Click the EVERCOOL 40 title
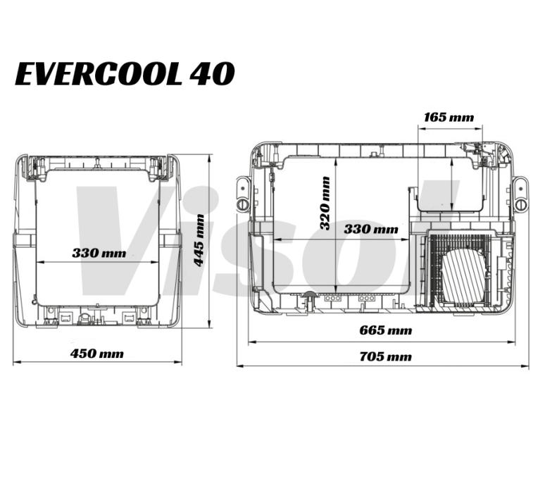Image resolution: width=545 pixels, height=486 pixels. (125, 74)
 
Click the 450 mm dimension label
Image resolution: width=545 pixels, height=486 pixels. (97, 354)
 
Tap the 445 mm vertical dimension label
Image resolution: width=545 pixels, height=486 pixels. (199, 241)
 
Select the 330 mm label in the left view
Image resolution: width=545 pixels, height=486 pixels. (99, 253)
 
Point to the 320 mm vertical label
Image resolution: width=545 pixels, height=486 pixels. (325, 204)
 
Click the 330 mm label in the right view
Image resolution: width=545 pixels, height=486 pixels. (371, 229)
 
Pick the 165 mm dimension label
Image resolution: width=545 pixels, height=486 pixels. (449, 118)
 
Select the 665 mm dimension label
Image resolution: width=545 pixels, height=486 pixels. (385, 330)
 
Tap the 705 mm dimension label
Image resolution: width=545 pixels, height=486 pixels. (385, 356)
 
